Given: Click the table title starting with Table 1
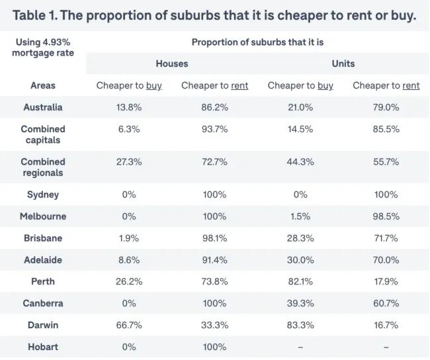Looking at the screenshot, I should [x=214, y=15].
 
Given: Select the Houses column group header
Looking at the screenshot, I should [x=172, y=64].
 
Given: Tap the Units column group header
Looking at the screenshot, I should [x=343, y=64].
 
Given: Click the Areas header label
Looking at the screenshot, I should [x=43, y=85].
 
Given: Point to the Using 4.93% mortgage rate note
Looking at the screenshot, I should [x=43, y=47].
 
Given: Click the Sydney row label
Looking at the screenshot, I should [x=43, y=195].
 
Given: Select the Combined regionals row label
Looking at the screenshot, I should [x=43, y=167].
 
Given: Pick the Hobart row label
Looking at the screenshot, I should [x=43, y=347].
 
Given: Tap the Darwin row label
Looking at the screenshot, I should [x=43, y=325].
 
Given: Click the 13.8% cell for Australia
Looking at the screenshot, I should [x=129, y=107].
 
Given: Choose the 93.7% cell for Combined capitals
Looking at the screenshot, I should [x=214, y=129].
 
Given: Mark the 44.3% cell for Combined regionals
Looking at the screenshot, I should [x=300, y=161].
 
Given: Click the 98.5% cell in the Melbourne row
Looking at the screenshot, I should [x=386, y=216].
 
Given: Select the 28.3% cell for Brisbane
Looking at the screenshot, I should [x=300, y=238].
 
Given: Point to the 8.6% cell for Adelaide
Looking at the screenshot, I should [x=129, y=260].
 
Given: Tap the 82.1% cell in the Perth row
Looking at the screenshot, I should [x=300, y=281].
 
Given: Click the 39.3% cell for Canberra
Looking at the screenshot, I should [x=300, y=303].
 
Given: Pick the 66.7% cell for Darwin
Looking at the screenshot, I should [x=129, y=325].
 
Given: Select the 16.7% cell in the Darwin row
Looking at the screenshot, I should [x=386, y=325].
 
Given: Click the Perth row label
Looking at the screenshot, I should [x=43, y=281].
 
